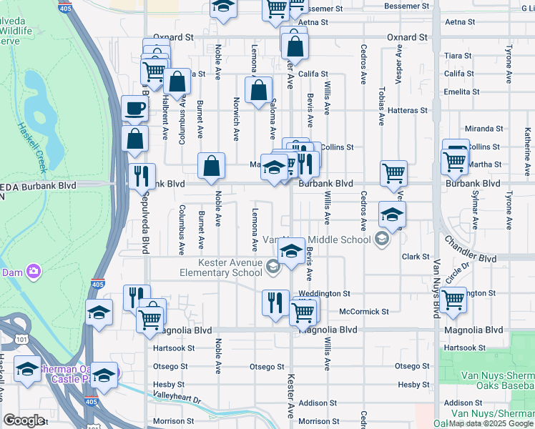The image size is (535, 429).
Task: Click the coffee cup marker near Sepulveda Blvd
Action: pos(134,109)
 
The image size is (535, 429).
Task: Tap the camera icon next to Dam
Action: pos(33,271)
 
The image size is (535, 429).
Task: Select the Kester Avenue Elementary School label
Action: pos(220,267)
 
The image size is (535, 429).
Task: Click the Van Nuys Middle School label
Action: pos(318,239)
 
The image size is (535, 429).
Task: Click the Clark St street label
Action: pos(414,256)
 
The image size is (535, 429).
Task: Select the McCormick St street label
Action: pos(363,312)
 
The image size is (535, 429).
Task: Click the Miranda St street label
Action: pos(479,129)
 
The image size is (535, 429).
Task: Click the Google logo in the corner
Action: pos(24,420)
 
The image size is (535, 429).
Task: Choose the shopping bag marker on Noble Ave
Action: pos(212,166)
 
